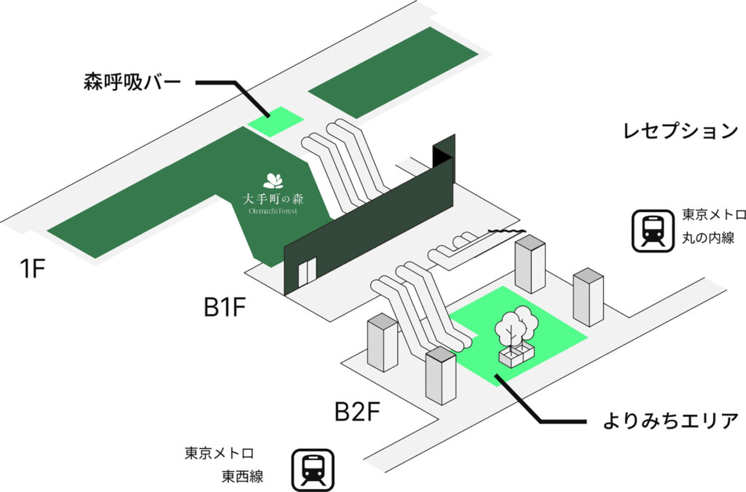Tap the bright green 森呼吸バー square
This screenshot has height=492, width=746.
275,121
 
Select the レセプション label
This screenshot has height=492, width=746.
680,131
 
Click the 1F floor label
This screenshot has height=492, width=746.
33,269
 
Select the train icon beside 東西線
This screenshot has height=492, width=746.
313,469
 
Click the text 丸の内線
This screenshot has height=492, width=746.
707,238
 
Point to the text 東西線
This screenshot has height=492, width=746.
242,477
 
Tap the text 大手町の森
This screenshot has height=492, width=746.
274,198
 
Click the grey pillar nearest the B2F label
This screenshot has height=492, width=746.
441,375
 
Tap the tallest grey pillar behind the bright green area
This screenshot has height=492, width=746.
530,263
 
